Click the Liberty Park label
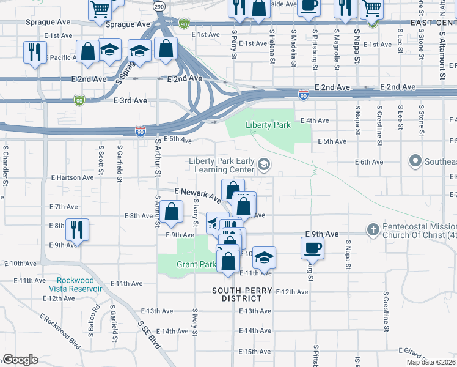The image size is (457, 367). click(x=266, y=125)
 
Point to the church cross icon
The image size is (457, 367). click(x=373, y=230)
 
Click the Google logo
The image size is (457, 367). click(x=20, y=360)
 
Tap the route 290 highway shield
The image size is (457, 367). click(x=159, y=6)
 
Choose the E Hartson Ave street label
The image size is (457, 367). click(x=73, y=177)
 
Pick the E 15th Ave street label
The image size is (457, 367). click(x=255, y=352)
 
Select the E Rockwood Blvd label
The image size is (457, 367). click(x=60, y=332)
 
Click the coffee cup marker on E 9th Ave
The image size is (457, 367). click(x=312, y=247)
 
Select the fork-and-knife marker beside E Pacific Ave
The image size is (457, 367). click(x=35, y=52)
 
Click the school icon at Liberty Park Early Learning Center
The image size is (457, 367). click(x=263, y=164)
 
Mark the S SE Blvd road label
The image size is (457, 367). click(x=148, y=335)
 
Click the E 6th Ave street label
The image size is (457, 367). click(x=370, y=162)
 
